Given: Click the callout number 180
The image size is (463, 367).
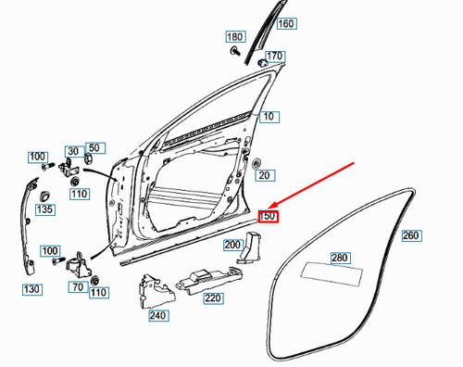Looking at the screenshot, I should (235, 36).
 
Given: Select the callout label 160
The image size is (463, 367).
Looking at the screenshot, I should (286, 24).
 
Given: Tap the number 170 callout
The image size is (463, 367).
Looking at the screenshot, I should (275, 57).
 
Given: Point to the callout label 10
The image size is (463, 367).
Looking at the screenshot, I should (269, 117).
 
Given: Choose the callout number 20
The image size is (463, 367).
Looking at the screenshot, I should (264, 175).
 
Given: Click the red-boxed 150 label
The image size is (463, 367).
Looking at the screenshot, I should (269, 216).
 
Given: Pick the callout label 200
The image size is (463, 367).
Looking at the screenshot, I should (233, 245).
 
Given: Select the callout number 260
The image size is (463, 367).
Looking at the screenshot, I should (411, 236).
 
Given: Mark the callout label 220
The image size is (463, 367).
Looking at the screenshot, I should (213, 298).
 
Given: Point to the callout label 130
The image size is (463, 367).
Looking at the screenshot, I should (32, 289).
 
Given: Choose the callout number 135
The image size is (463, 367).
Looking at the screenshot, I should (44, 210).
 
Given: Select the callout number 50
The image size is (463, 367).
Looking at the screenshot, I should (94, 147).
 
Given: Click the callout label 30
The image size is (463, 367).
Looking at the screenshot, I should (72, 151).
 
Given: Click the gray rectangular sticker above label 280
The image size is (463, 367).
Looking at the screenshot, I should (339, 272).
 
